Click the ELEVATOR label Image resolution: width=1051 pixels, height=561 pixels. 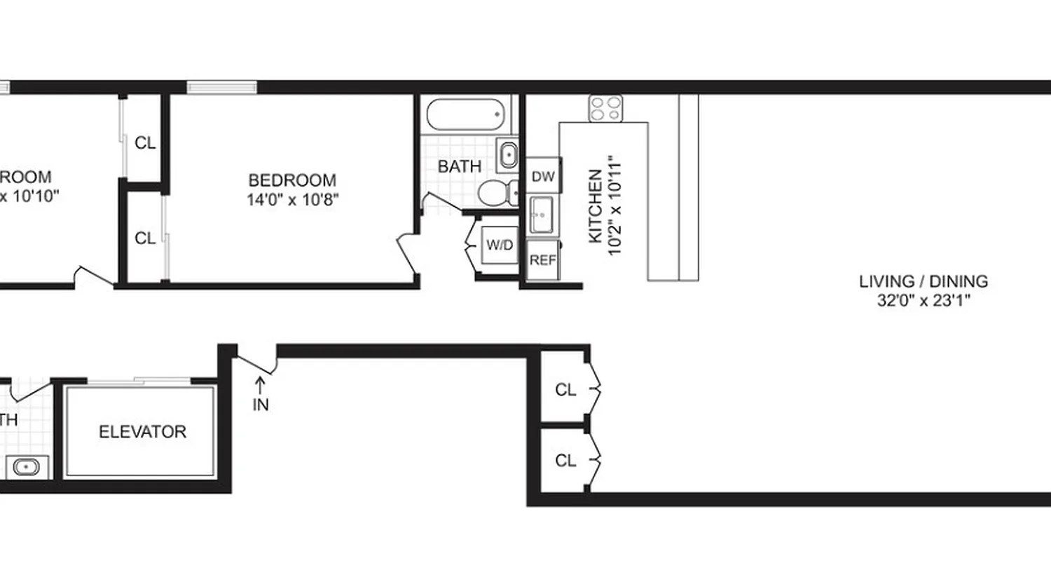[x=142, y=431]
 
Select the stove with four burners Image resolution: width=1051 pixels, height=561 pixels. [x=605, y=108]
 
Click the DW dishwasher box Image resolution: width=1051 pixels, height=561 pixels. [x=543, y=176]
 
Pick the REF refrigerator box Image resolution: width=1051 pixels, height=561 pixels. [x=542, y=260]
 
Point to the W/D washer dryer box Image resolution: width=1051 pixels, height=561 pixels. [x=500, y=245]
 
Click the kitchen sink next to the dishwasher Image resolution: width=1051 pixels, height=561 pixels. [x=542, y=215]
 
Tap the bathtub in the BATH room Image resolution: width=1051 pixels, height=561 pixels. [x=465, y=114]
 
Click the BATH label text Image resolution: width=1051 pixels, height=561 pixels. [x=460, y=167]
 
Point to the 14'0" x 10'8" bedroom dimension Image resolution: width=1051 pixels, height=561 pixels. [x=292, y=200]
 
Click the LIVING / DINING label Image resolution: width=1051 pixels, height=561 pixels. [x=923, y=281]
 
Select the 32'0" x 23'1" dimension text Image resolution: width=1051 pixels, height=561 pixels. [x=923, y=302]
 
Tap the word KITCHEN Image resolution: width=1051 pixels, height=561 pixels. [x=594, y=206]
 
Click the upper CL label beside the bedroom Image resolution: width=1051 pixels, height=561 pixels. [x=145, y=143]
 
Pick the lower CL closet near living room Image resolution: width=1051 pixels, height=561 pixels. [x=565, y=461]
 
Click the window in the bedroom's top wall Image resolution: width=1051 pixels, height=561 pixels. [x=222, y=87]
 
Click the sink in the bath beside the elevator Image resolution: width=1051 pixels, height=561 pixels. [x=27, y=466]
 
